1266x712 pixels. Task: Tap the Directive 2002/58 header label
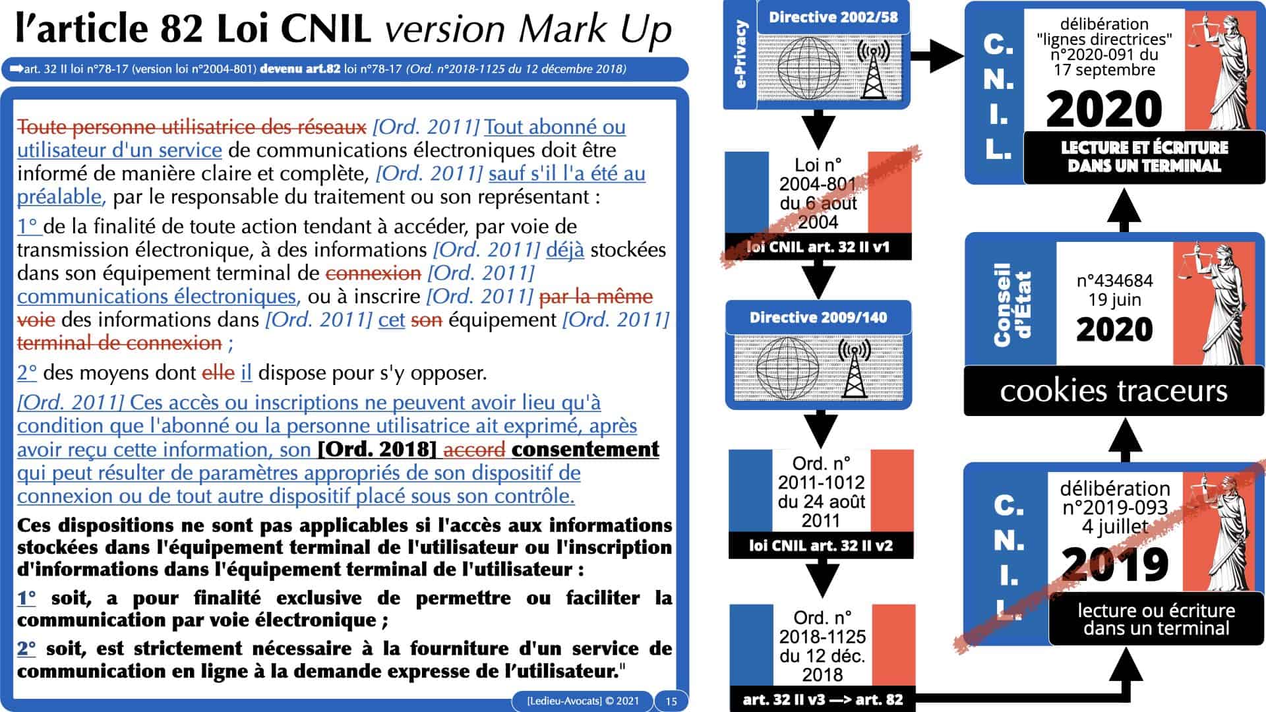point(833,17)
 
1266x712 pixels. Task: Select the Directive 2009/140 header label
point(818,318)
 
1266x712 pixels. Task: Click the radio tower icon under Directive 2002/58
point(873,69)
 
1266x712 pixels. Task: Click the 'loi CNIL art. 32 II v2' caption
point(821,546)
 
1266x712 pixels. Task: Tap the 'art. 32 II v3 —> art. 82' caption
point(822,699)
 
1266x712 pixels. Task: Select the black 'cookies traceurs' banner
point(1114,391)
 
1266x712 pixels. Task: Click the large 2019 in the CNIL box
point(1115,564)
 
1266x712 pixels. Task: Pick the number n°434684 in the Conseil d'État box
point(1114,280)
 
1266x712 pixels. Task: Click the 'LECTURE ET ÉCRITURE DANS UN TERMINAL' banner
point(1144,157)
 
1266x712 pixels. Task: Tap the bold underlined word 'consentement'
point(586,450)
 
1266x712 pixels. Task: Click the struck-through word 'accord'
point(475,450)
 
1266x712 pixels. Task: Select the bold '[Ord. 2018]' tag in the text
point(377,450)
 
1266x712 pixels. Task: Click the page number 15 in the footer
point(671,701)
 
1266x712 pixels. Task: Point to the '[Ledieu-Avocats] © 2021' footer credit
point(583,701)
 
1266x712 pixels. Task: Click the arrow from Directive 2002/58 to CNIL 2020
point(937,55)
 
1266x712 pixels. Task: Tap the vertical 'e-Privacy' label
point(741,55)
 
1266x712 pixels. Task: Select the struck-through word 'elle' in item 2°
point(218,373)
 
